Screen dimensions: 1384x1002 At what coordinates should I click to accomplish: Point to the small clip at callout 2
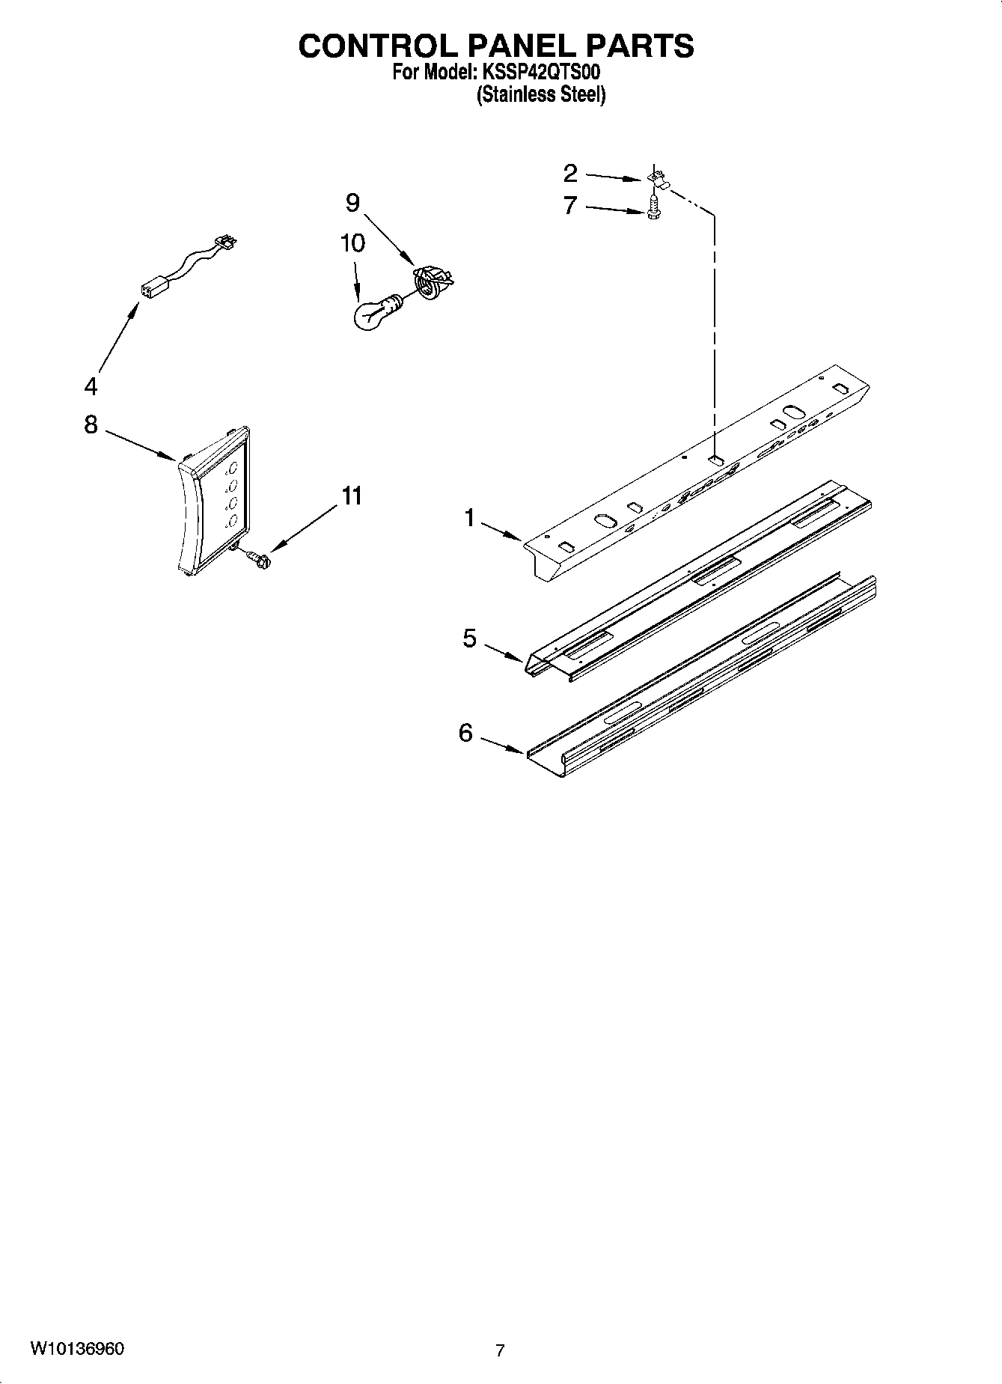click(659, 180)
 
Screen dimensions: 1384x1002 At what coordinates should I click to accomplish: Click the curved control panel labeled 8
click(216, 502)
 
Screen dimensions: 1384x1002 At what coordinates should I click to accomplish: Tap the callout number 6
click(466, 733)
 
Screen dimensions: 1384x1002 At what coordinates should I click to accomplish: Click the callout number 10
click(352, 243)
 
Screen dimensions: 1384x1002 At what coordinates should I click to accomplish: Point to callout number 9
click(352, 203)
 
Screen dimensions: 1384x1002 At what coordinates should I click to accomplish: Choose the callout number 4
click(91, 387)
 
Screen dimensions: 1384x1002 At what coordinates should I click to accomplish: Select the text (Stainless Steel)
click(541, 95)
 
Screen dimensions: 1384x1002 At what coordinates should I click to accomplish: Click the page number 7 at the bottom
click(500, 1350)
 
